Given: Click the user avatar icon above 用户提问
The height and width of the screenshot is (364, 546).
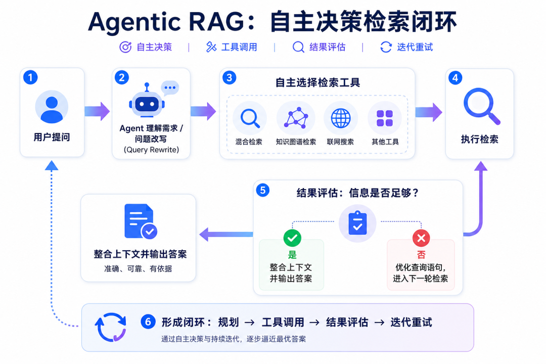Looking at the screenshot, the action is tap(52, 107).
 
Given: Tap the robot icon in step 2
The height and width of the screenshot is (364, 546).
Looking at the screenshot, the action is tap(147, 101).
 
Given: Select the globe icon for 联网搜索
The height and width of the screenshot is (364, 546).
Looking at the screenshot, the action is tap(341, 118).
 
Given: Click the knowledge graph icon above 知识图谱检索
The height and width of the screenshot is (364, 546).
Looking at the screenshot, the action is tap(296, 118).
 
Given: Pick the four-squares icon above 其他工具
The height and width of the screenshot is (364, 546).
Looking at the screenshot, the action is tap(385, 118).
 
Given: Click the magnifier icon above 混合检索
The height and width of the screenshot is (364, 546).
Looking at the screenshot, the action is tap(250, 118).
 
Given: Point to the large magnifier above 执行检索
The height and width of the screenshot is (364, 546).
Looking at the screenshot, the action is tap(482, 106).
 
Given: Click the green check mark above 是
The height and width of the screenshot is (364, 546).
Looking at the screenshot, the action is tap(292, 238).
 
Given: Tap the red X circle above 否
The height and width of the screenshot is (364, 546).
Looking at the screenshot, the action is tap(421, 238).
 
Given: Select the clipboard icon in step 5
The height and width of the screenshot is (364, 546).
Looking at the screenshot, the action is tap(357, 223).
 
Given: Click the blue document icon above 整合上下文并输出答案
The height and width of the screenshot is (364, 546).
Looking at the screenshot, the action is tap(141, 221).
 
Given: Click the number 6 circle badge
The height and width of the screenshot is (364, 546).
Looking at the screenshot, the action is tap(148, 322).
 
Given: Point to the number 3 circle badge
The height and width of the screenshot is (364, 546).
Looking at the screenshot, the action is tap(229, 77).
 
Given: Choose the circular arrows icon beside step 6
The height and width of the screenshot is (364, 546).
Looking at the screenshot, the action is tap(111, 327).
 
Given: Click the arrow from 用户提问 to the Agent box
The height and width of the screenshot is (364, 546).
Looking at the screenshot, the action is tap(97, 111).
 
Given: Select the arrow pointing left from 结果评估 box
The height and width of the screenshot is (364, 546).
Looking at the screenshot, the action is tap(226, 235).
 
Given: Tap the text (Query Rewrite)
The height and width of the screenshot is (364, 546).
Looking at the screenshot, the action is tap(151, 150).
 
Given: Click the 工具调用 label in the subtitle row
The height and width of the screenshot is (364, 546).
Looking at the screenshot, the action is tap(239, 47).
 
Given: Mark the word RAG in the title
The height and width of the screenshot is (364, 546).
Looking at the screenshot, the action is tap(216, 22).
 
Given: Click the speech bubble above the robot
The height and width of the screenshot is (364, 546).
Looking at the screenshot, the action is tap(170, 87).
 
